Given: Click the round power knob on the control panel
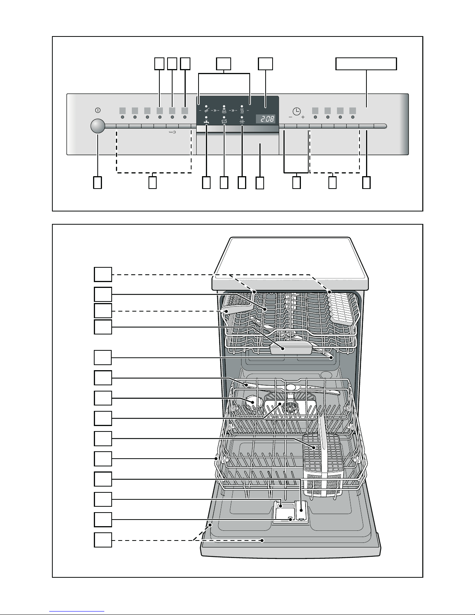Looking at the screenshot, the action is click(x=98, y=126).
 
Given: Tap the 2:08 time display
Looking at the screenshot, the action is click(x=266, y=119).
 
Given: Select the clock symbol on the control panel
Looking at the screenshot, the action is click(x=296, y=111).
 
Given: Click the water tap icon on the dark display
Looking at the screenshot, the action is click(x=207, y=121).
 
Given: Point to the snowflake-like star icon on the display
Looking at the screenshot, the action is click(x=242, y=122).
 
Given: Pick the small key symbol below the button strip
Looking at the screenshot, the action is click(x=173, y=132).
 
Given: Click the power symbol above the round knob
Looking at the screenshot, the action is click(x=98, y=110).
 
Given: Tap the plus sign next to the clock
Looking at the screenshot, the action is click(x=303, y=117).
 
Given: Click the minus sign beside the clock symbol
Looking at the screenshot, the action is click(x=290, y=117).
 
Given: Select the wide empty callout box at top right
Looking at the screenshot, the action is click(x=366, y=64).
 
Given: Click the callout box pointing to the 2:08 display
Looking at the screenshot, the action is click(x=266, y=64).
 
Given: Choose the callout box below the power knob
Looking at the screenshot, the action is click(x=98, y=182).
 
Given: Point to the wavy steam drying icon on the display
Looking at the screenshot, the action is click(x=242, y=110).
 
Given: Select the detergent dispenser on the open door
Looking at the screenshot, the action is click(x=290, y=512).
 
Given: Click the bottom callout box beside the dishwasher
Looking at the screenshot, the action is click(x=103, y=540).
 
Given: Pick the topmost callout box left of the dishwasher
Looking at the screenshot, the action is click(x=103, y=274).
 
